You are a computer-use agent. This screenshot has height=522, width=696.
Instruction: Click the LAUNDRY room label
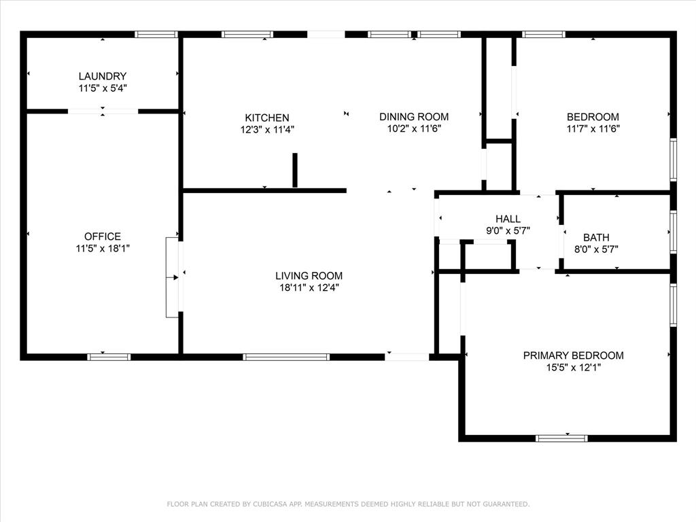[103, 76]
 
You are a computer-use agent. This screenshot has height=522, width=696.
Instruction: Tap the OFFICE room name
[103, 237]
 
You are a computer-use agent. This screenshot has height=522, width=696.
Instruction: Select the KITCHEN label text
[267, 118]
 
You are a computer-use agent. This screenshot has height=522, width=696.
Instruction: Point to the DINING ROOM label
[414, 117]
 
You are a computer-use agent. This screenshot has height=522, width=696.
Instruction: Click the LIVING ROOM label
[309, 276]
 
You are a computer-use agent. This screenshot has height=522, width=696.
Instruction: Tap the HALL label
[508, 219]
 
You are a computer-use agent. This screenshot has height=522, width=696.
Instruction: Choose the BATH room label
[596, 238]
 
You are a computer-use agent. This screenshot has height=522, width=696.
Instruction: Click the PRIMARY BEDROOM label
[574, 355]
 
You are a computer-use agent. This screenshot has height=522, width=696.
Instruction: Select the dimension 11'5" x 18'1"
[103, 249]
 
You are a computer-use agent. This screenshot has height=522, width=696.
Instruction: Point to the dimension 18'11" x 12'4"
[309, 288]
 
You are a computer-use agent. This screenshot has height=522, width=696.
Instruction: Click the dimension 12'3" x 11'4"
[267, 130]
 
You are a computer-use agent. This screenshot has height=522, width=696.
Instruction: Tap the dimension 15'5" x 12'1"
[574, 368]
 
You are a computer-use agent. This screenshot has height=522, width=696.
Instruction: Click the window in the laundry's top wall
[156, 34]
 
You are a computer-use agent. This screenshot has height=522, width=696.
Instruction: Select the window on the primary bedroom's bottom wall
[561, 438]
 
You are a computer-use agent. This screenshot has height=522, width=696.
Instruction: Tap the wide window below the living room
[286, 357]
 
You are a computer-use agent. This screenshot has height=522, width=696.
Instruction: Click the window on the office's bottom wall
[109, 357]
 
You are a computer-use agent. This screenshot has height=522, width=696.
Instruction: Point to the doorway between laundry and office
[103, 111]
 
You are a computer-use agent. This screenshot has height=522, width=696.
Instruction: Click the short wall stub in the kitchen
[295, 171]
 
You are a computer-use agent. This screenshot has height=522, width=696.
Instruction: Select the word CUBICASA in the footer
[269, 504]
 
